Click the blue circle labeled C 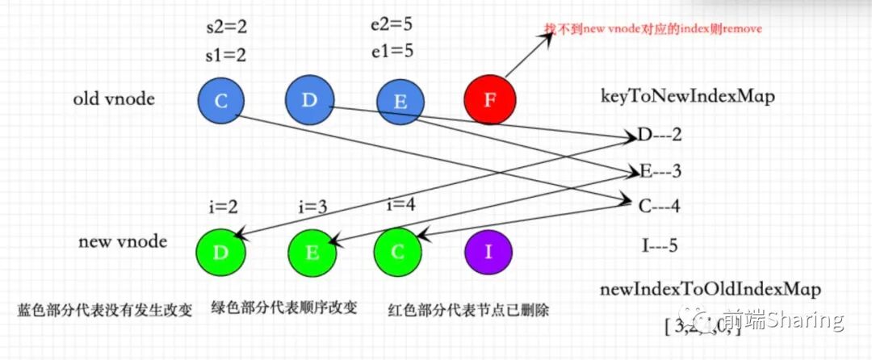(x=221, y=100)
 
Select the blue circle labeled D (x=308, y=99)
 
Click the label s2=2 (x=227, y=27)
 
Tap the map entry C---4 (x=659, y=207)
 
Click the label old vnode (x=114, y=100)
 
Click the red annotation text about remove (x=652, y=29)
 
